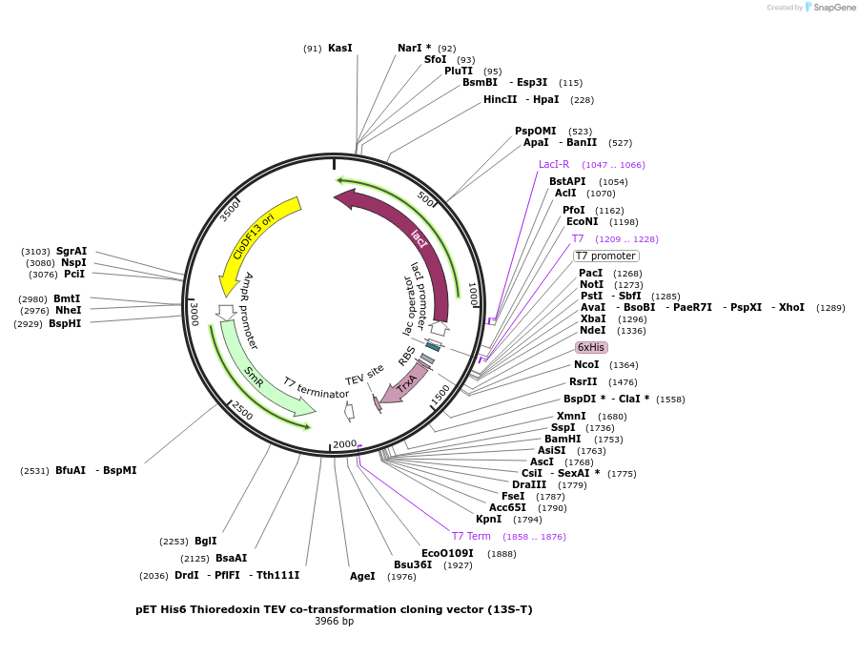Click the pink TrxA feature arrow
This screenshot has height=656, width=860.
[x=404, y=382]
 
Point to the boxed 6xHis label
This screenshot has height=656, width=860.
[x=591, y=347]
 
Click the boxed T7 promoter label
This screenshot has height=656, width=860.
[x=605, y=256]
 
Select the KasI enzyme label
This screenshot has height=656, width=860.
[x=339, y=48]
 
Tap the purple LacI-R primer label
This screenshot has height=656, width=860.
[x=553, y=164]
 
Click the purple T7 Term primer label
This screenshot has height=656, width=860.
[x=471, y=536]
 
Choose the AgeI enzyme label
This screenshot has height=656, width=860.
[x=362, y=576]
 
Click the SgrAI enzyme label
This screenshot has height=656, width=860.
[x=72, y=251]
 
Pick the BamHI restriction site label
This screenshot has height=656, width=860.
[x=563, y=439]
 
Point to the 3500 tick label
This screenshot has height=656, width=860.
[x=230, y=210]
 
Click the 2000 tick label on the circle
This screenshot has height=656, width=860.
[x=344, y=444]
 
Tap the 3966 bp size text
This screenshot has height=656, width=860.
[x=334, y=622]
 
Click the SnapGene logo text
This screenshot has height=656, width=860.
[x=833, y=8]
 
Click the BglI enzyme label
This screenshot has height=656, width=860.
[x=205, y=541]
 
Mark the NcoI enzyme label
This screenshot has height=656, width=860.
[x=586, y=364]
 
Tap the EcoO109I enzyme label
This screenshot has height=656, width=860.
[x=447, y=552]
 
